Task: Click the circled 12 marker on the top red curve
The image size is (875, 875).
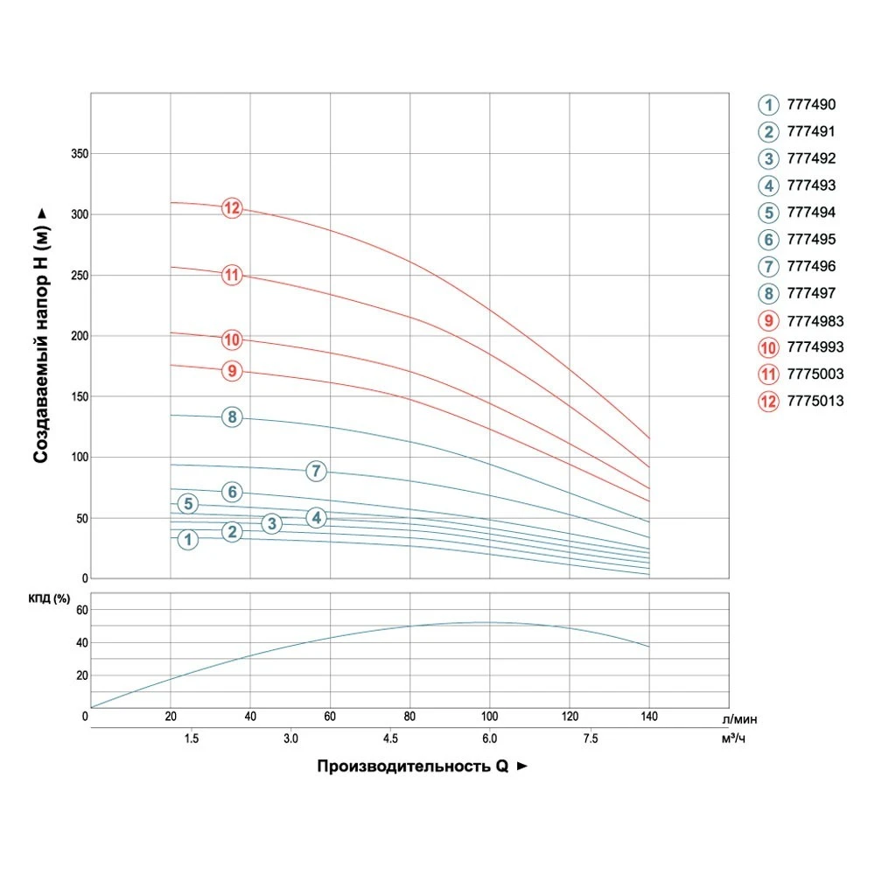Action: tap(232, 208)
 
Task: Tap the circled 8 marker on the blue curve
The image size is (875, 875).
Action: tap(232, 417)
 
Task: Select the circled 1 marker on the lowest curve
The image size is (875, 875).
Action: tap(188, 540)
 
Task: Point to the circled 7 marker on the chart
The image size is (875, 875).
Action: tap(316, 472)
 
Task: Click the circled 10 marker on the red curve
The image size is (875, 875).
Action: tap(232, 339)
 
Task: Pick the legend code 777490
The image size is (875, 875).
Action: tap(811, 105)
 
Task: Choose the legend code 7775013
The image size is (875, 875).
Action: tap(815, 402)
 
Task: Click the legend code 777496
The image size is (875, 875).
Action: tap(811, 267)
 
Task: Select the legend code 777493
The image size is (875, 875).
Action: tap(811, 185)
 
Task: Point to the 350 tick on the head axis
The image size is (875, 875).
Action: tap(79, 154)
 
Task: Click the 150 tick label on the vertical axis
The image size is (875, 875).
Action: tap(79, 397)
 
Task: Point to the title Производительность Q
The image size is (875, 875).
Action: tap(412, 766)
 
